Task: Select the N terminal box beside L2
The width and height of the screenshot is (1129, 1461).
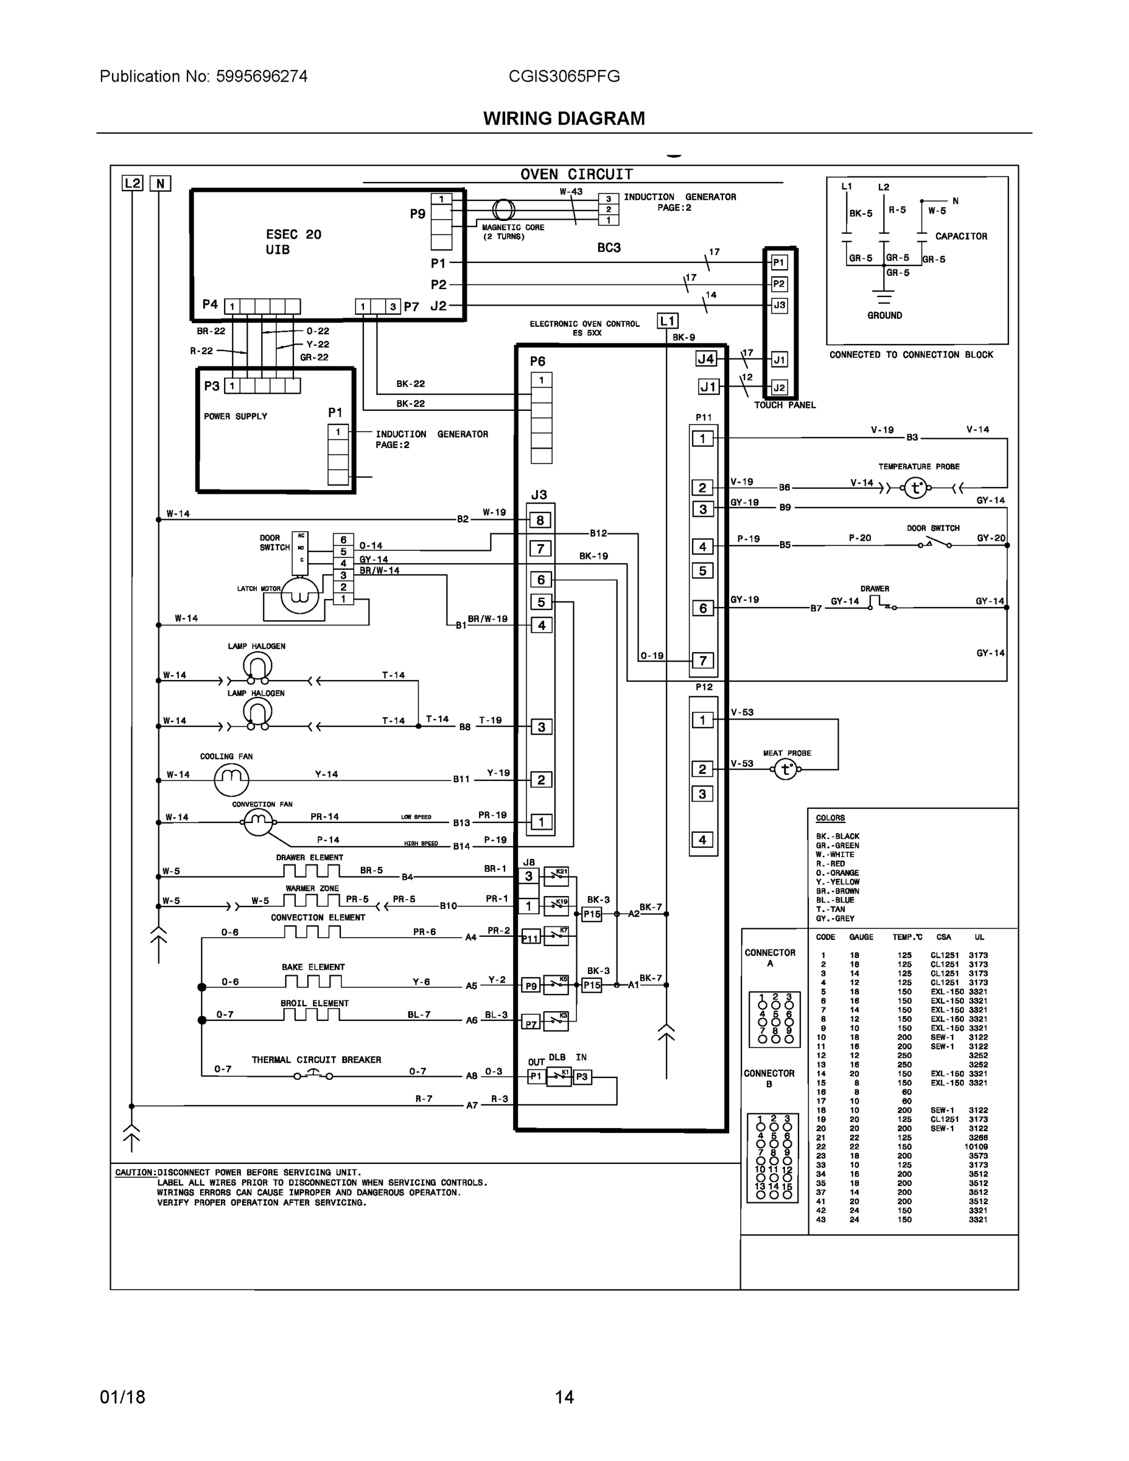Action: [160, 183]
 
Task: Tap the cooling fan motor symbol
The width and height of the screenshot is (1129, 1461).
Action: [231, 779]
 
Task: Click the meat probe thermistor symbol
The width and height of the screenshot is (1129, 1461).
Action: [786, 770]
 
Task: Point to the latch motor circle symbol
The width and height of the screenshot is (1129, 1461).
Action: [299, 595]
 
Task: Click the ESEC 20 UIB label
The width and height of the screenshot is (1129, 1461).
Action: [293, 242]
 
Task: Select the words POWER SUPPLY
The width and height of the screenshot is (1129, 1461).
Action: [236, 416]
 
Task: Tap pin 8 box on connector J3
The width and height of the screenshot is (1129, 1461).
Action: [540, 520]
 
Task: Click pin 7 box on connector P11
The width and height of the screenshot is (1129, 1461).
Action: [702, 660]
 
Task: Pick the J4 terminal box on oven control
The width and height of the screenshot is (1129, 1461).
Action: [706, 359]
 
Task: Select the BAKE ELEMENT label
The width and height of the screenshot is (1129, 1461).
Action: [313, 967]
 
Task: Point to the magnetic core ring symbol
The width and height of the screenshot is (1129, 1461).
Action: [503, 210]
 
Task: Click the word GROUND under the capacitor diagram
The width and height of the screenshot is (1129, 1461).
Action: [884, 315]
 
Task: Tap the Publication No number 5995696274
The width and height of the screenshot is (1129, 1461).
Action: [262, 76]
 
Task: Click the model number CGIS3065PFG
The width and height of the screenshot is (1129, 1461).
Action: [564, 76]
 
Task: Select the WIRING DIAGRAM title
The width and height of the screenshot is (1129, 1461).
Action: [564, 119]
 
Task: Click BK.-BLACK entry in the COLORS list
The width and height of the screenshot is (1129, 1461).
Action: [837, 836]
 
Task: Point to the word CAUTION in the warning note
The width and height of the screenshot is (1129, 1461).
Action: [135, 1172]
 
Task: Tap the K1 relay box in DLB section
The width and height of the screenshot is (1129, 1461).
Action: [559, 1077]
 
